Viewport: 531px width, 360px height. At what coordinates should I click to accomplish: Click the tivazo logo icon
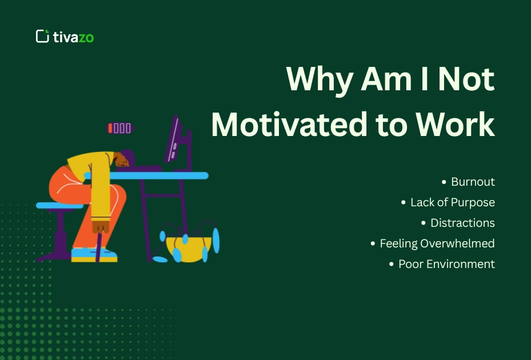pyautogui.click(x=42, y=37)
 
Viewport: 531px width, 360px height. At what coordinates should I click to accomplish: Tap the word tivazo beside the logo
pyautogui.click(x=73, y=37)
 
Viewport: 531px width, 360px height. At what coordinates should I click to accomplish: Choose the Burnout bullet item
pyautogui.click(x=472, y=182)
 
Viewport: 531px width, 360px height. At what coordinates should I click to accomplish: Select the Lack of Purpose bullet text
pyautogui.click(x=452, y=202)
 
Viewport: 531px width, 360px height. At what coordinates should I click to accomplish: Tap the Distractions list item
pyautogui.click(x=462, y=223)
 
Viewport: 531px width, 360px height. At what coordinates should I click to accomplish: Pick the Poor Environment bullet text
pyautogui.click(x=446, y=264)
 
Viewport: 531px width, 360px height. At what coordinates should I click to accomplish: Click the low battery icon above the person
pyautogui.click(x=119, y=128)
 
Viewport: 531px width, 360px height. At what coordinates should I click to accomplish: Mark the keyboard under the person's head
pyautogui.click(x=147, y=169)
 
